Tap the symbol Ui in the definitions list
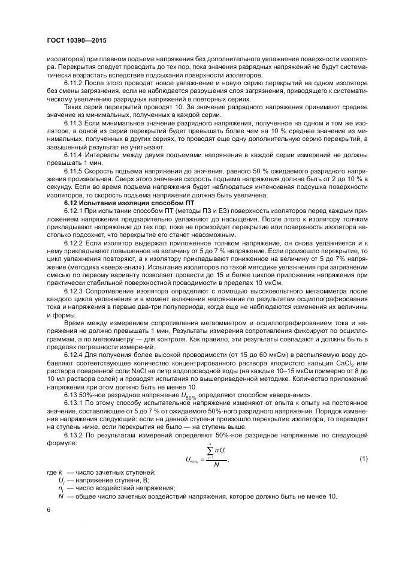pyautogui.click(x=61, y=481)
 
